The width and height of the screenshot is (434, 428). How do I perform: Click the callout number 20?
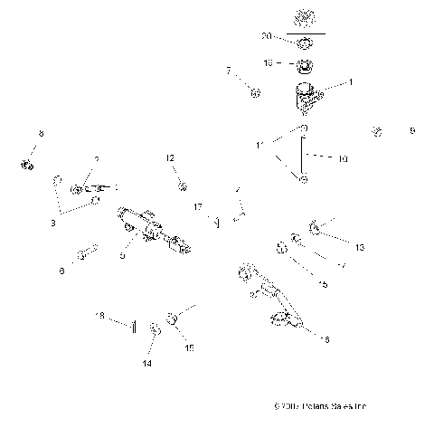click(x=266, y=36)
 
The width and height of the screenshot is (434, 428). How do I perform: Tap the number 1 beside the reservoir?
click(x=352, y=81)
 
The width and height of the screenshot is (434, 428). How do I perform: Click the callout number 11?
click(x=260, y=145)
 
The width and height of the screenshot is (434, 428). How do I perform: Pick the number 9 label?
click(x=412, y=131)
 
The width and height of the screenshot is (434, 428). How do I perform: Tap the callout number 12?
click(x=170, y=158)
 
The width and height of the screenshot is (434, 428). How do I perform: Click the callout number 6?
click(x=61, y=270)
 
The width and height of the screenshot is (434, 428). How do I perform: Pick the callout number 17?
click(x=197, y=206)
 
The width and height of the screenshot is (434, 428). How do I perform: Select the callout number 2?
click(x=98, y=159)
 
